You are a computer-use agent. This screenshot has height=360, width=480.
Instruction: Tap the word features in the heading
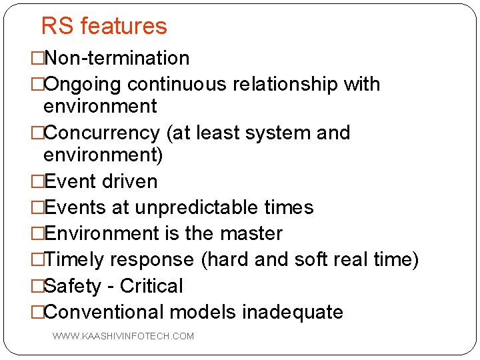123,26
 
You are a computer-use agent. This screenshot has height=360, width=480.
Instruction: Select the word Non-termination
116,59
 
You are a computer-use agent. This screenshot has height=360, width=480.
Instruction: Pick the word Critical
151,286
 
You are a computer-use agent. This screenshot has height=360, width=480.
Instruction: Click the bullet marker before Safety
37,286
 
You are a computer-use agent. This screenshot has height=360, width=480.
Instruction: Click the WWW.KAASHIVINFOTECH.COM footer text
123,336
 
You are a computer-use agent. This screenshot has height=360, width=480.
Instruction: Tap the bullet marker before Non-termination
37,59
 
